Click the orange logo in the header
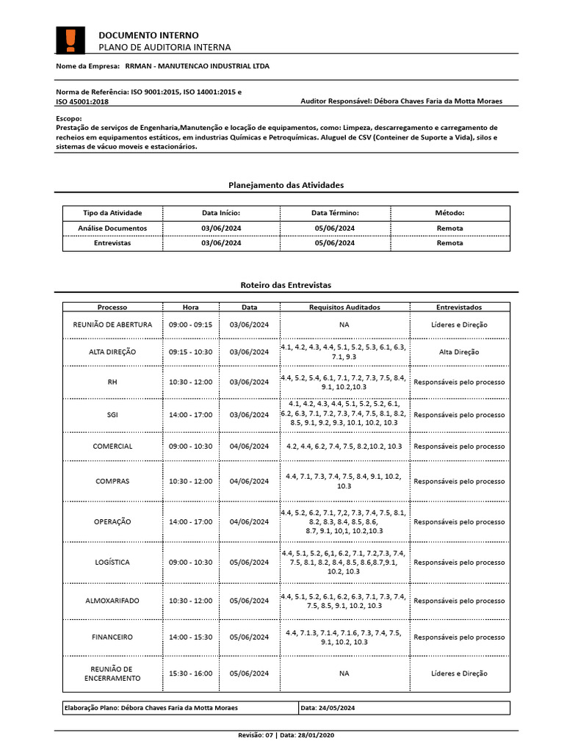[x=70, y=40]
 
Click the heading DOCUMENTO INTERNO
[x=148, y=35]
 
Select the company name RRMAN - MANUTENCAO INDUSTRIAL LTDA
[x=197, y=66]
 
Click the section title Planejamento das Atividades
[x=281, y=185]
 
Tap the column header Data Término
[x=334, y=212]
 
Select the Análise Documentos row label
[x=112, y=228]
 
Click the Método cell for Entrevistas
[x=449, y=243]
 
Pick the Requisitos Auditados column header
[x=344, y=307]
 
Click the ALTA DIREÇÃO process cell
[x=112, y=352]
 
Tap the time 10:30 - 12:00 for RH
[x=190, y=382]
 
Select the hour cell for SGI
[x=190, y=414]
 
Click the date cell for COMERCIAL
[x=249, y=446]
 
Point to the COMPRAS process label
[x=112, y=481]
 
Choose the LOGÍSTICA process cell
[x=112, y=562]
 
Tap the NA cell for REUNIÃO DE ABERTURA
[x=344, y=324]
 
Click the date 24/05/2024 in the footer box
[x=338, y=708]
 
